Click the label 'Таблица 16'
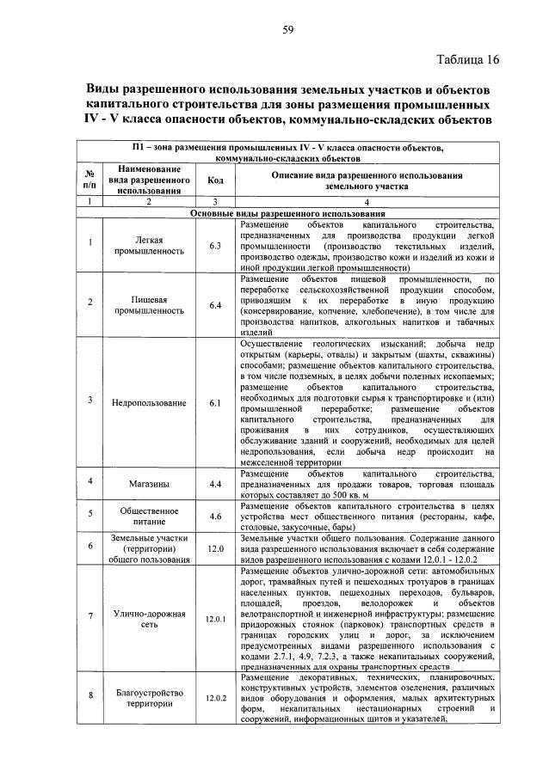click(466, 60)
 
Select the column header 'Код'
click(214, 180)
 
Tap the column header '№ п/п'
click(89, 180)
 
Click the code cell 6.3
click(214, 246)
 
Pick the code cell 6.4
click(214, 305)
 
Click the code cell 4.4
click(214, 484)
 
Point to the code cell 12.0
click(214, 547)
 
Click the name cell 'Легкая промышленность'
click(149, 246)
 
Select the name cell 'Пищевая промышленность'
click(149, 305)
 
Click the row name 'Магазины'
click(149, 484)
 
